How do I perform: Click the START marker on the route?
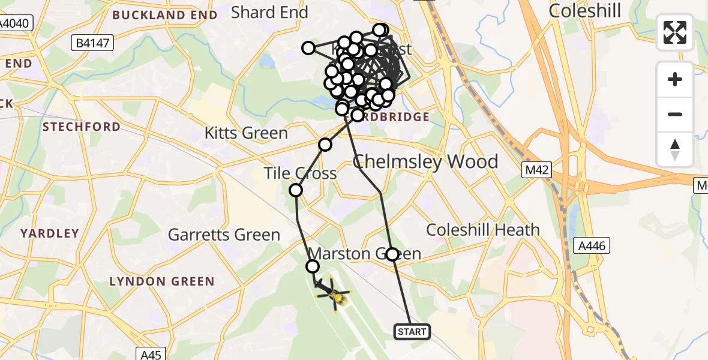412,331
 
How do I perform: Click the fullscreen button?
675,32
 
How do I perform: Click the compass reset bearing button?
675,149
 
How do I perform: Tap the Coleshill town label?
584,11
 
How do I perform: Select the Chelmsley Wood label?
425,162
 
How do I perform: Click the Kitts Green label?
246,133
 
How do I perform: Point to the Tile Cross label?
300,174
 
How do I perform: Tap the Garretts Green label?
224,235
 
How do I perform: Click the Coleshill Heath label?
483,230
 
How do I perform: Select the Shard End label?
269,12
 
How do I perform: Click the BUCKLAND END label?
164,15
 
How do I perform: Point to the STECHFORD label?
81,127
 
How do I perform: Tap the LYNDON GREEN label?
161,281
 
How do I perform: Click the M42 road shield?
535,170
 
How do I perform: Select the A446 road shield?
592,245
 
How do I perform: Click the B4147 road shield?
91,43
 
